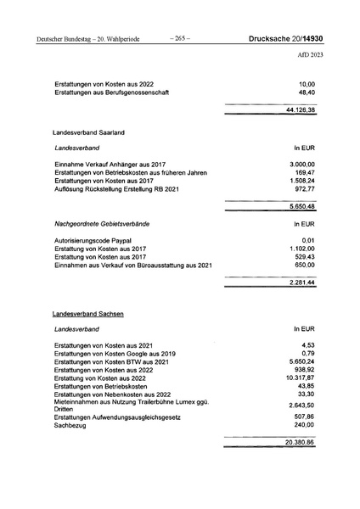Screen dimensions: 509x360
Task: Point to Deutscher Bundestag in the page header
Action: click(68, 38)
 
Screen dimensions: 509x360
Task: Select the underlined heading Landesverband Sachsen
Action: click(88, 314)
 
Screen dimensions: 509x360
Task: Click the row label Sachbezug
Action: click(71, 427)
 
